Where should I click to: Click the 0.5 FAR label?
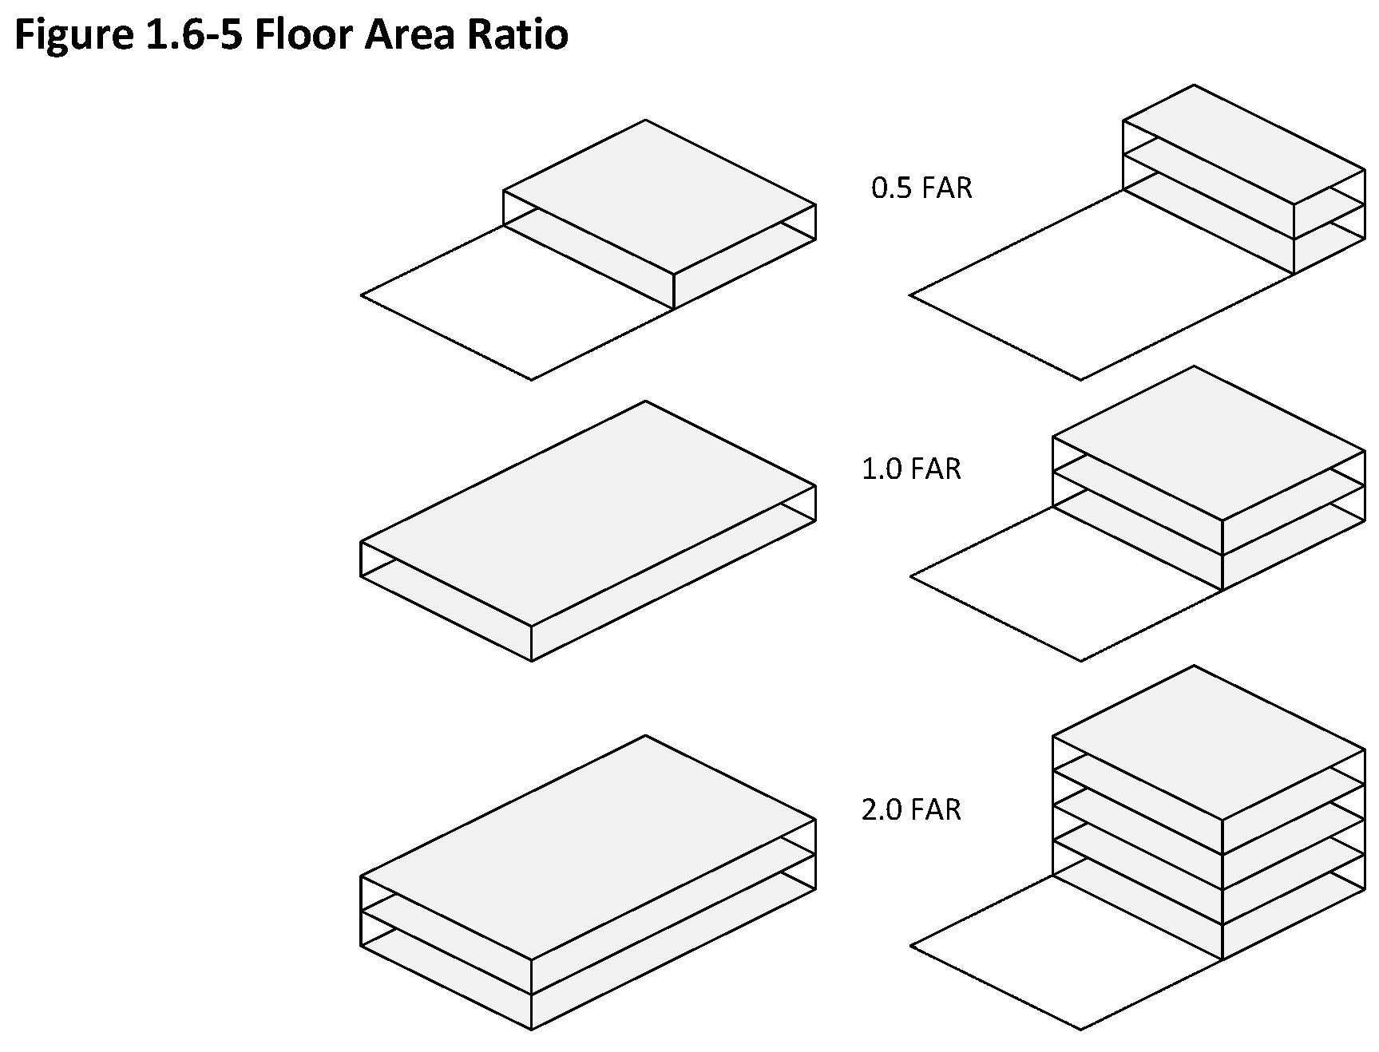click(921, 188)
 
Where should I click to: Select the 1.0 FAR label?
click(911, 469)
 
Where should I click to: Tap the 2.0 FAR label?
click(911, 810)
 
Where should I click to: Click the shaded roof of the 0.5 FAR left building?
click(660, 196)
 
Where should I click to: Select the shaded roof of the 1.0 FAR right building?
click(1209, 444)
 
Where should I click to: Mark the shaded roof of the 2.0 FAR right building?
click(1209, 742)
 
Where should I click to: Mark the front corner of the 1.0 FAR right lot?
click(1081, 660)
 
